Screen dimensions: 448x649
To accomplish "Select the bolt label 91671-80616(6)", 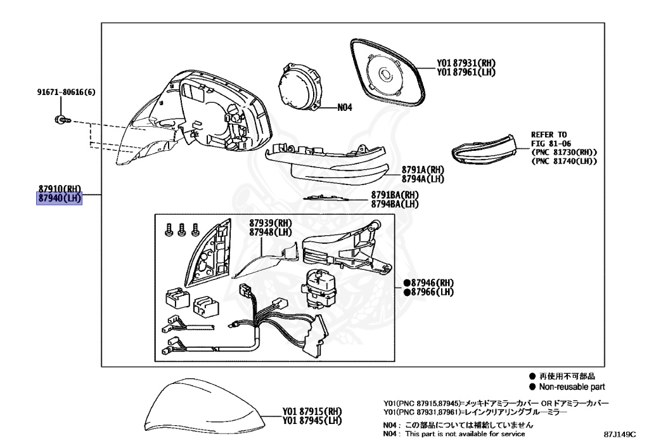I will [x=65, y=93].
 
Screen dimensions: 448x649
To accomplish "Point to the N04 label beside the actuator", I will [x=344, y=108].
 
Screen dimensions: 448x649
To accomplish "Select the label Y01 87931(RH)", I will [x=466, y=63].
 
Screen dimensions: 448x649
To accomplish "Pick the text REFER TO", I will [x=549, y=135].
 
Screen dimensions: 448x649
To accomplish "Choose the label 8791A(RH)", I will [x=423, y=170].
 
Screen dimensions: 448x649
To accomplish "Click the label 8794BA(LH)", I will [x=395, y=204].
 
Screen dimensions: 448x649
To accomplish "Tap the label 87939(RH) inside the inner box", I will [x=270, y=224].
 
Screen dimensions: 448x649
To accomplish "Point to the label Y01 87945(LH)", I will [x=312, y=421].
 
